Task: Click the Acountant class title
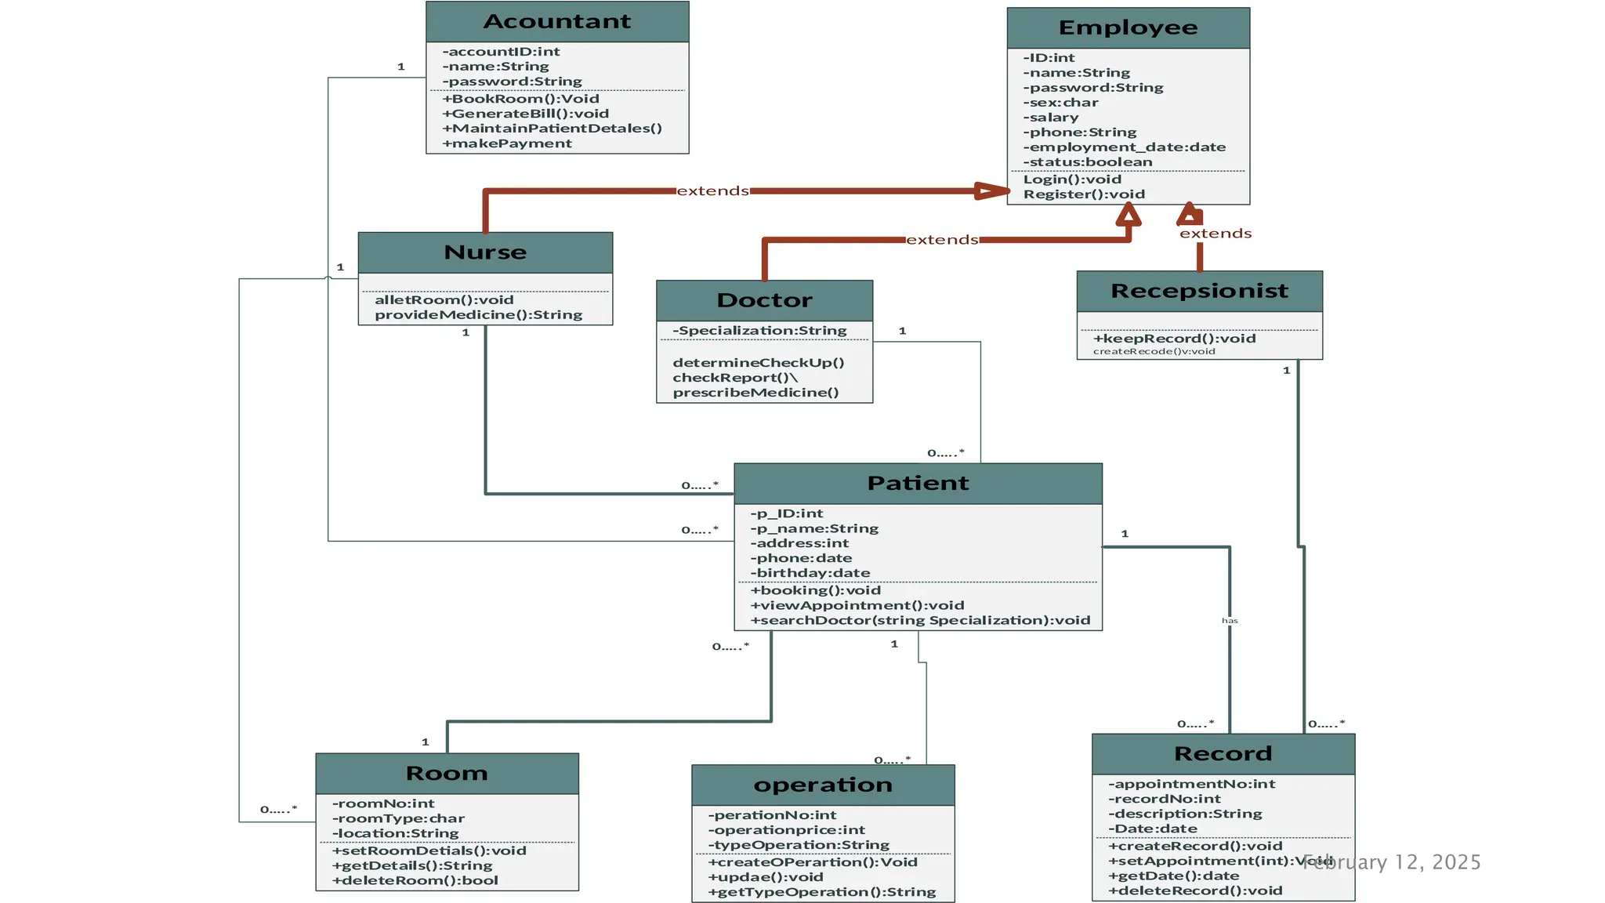[556, 21]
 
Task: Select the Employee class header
[1128, 27]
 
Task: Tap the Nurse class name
[485, 252]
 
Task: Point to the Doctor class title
[764, 300]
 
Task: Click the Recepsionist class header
[1199, 291]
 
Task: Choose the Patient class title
[918, 483]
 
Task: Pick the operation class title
[823, 785]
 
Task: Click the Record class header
[1223, 753]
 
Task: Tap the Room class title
[447, 773]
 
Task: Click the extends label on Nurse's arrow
[712, 190]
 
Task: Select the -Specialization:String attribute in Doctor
[759, 331]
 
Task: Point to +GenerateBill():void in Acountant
[525, 114]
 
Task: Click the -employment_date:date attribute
[1124, 147]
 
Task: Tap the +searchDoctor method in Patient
[920, 620]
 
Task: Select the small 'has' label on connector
[1230, 621]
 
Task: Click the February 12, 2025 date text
[1392, 862]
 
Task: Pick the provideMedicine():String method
[478, 314]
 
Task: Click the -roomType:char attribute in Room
[398, 818]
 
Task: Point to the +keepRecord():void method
[1174, 339]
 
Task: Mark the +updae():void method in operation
[765, 877]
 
